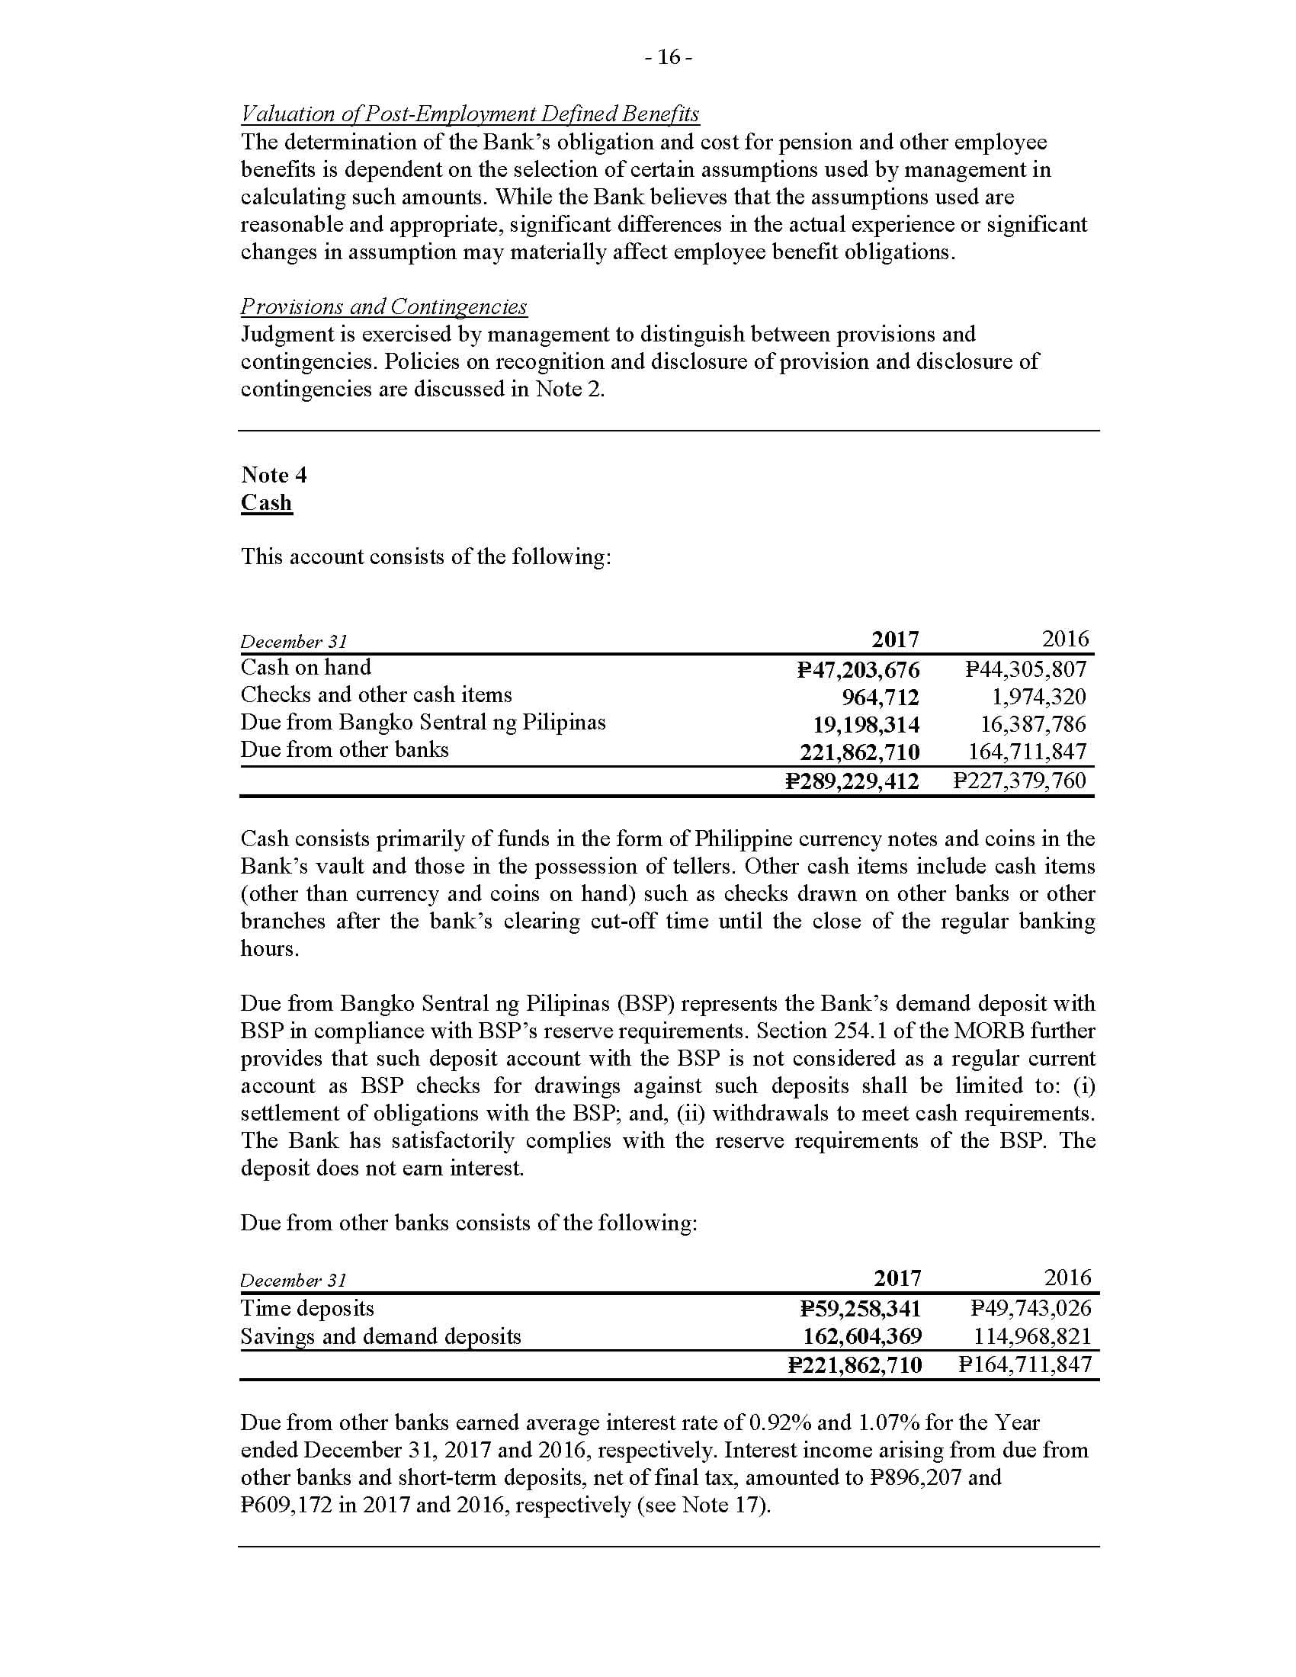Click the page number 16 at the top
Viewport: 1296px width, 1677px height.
click(x=669, y=58)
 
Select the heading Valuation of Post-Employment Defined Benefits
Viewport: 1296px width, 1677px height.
click(x=470, y=114)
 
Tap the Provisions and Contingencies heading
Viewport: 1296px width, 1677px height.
click(x=384, y=307)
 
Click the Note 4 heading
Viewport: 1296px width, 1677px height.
click(x=274, y=476)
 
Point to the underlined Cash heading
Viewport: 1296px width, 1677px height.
click(x=266, y=503)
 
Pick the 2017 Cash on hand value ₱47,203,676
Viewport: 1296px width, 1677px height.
click(x=858, y=670)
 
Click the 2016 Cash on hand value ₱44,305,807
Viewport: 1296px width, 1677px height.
click(x=1025, y=669)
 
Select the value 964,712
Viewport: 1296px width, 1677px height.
click(x=881, y=697)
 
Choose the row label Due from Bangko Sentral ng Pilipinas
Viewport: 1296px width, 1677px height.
click(x=423, y=723)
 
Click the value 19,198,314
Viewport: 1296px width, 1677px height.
click(x=866, y=725)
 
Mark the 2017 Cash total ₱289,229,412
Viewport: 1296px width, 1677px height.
click(x=852, y=781)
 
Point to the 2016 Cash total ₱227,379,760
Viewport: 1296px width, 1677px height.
click(x=1019, y=781)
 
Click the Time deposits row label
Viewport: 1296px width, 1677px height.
click(x=307, y=1308)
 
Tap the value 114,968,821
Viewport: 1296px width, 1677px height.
click(x=1033, y=1337)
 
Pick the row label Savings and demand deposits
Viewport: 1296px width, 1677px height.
click(x=381, y=1337)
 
